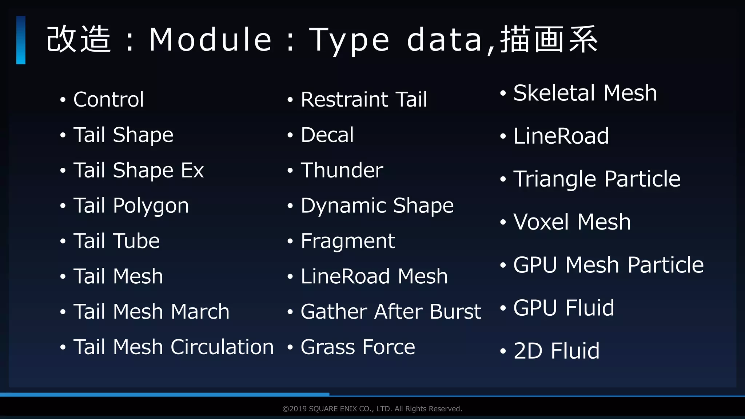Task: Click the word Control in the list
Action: [108, 99]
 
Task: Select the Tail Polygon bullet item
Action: [131, 206]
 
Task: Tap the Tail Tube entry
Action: [116, 241]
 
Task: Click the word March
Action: [200, 312]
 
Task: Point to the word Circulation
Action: [222, 347]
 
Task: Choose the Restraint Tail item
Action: [364, 99]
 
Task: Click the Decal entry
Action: [327, 135]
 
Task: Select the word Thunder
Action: [342, 170]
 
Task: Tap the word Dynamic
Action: [344, 206]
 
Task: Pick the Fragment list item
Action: [348, 241]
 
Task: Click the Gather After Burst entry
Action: [391, 312]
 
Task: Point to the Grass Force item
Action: [358, 347]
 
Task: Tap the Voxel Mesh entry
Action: [572, 222]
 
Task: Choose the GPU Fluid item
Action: [564, 308]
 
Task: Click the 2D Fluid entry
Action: [557, 351]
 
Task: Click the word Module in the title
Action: [210, 39]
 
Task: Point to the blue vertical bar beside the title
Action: [21, 40]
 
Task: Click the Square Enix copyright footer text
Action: [372, 409]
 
